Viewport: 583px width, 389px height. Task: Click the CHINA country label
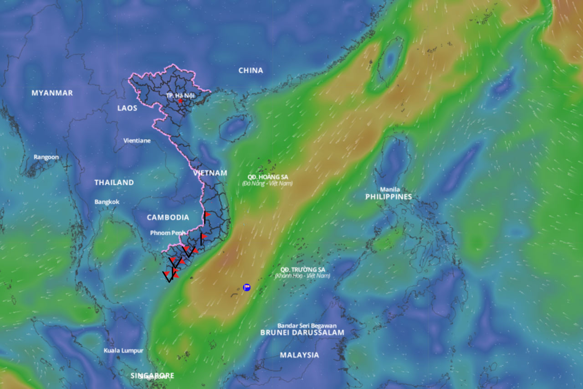[251, 70]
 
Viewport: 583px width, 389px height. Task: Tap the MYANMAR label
[52, 93]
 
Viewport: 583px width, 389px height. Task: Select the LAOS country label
[127, 108]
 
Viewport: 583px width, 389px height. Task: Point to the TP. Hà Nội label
[180, 95]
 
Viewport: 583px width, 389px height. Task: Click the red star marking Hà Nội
[180, 101]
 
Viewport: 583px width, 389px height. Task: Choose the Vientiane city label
[137, 140]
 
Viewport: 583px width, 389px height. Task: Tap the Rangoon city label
[46, 157]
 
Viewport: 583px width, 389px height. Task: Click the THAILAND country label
[114, 182]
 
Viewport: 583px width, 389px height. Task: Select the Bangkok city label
[107, 202]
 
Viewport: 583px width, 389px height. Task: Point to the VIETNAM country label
[210, 173]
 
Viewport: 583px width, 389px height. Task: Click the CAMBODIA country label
[168, 218]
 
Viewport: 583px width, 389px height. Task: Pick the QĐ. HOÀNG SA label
[268, 177]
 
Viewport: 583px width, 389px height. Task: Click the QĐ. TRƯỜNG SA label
[302, 270]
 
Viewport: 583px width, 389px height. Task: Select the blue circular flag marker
[246, 287]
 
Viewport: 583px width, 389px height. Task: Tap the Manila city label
[390, 189]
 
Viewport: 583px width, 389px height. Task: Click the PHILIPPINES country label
[389, 197]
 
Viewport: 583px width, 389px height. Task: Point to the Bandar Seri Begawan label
[307, 326]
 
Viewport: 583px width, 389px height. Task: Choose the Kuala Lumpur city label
[123, 350]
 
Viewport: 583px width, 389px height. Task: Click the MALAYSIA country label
[299, 355]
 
